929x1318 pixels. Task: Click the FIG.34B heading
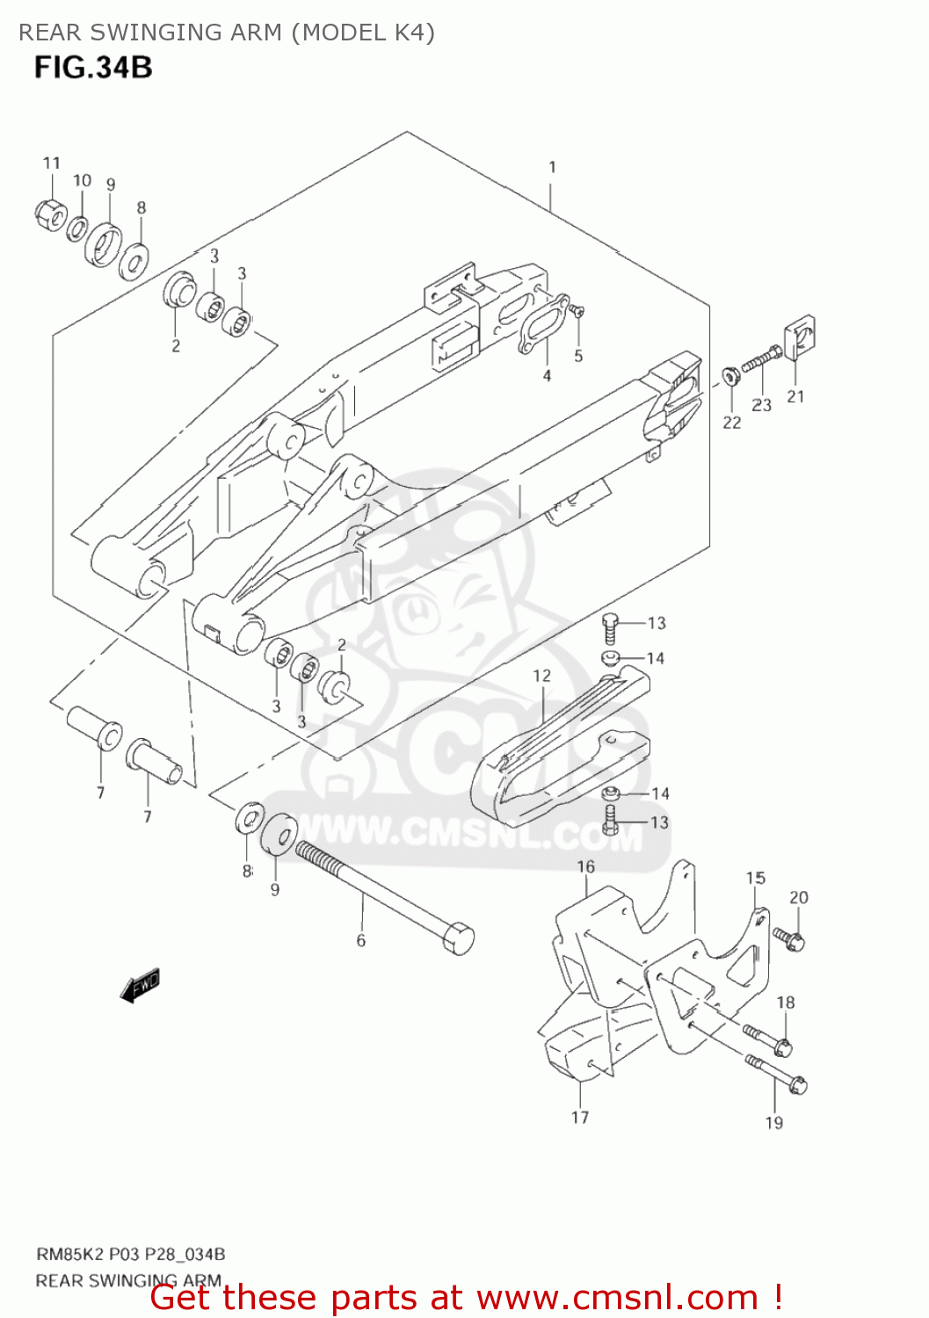tap(93, 68)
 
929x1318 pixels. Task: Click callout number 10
tap(82, 180)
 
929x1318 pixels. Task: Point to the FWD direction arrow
tap(141, 986)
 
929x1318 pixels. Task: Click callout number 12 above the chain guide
tap(541, 676)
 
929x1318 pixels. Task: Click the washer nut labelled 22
tap(730, 377)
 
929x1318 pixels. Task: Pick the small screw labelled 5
tap(577, 310)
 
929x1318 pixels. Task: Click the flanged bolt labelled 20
tap(789, 938)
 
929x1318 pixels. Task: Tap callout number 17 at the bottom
tap(580, 1117)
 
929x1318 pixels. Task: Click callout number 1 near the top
tap(552, 167)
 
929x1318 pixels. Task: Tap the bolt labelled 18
tap(769, 1039)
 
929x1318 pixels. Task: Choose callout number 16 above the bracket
tap(585, 866)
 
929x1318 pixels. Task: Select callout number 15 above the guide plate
tap(756, 878)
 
